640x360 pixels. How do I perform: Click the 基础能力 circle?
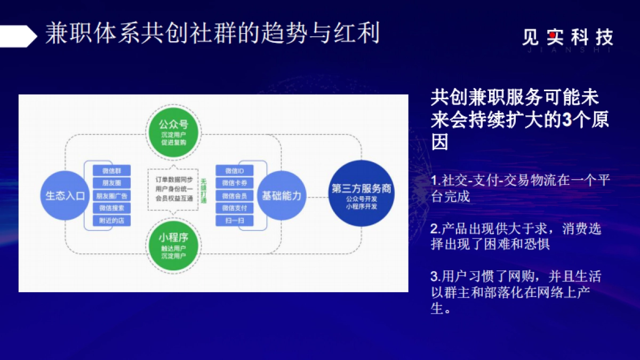(281, 196)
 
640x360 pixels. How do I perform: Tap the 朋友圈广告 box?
(111, 196)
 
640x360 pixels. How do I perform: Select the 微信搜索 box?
(111, 208)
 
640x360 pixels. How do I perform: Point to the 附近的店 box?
(111, 220)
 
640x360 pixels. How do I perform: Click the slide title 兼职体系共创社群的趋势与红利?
(212, 33)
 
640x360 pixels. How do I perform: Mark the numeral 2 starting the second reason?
(434, 229)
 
